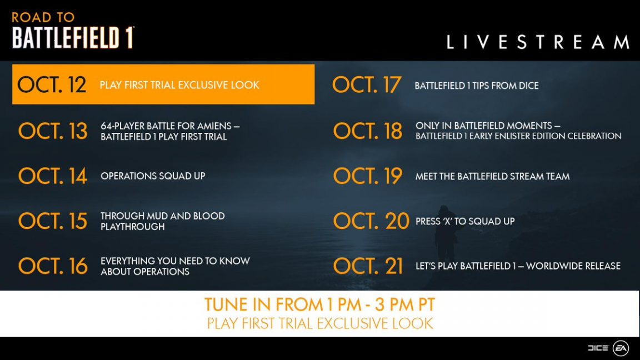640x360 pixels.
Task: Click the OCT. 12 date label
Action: [x=52, y=85]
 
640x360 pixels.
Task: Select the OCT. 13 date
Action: [x=53, y=131]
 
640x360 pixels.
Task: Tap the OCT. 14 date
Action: [x=53, y=176]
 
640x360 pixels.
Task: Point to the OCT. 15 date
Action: [x=53, y=221]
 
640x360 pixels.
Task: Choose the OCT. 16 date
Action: [x=53, y=266]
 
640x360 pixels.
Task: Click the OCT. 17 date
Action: [x=367, y=85]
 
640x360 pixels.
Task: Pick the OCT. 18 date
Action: [x=368, y=131]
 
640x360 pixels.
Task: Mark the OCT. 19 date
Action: [x=368, y=176]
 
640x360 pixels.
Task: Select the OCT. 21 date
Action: [x=368, y=266]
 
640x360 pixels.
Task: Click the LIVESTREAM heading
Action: [x=538, y=42]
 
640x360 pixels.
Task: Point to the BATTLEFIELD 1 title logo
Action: [x=73, y=38]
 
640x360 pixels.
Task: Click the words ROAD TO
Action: [x=43, y=17]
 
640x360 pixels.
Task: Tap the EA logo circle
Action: [x=621, y=348]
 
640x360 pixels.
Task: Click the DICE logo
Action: [x=598, y=348]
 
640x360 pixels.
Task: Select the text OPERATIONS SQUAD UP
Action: [x=153, y=176]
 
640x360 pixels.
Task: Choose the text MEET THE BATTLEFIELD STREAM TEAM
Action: [x=492, y=177]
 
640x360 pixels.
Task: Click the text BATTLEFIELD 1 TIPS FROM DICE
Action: [x=476, y=86]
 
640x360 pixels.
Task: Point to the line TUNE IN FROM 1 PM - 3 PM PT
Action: [x=319, y=304]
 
